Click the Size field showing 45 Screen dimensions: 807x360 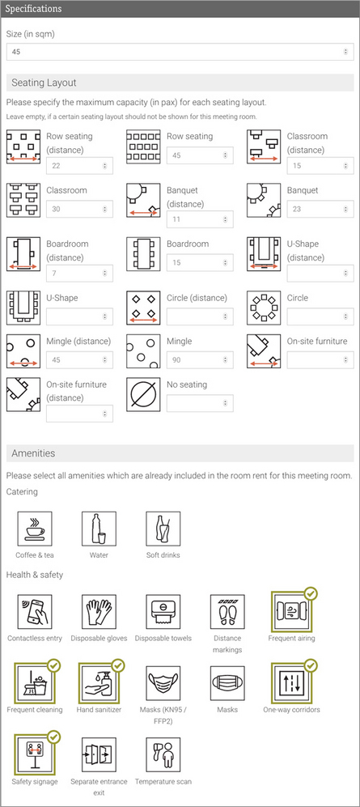(x=178, y=52)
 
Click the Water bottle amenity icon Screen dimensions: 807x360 (x=99, y=529)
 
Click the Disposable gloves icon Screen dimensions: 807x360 (x=99, y=612)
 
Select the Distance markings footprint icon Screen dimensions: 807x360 (x=227, y=612)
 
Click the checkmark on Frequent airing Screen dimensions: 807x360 (x=311, y=593)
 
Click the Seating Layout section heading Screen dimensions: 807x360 (x=45, y=83)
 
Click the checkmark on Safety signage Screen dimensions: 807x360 (x=53, y=736)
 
